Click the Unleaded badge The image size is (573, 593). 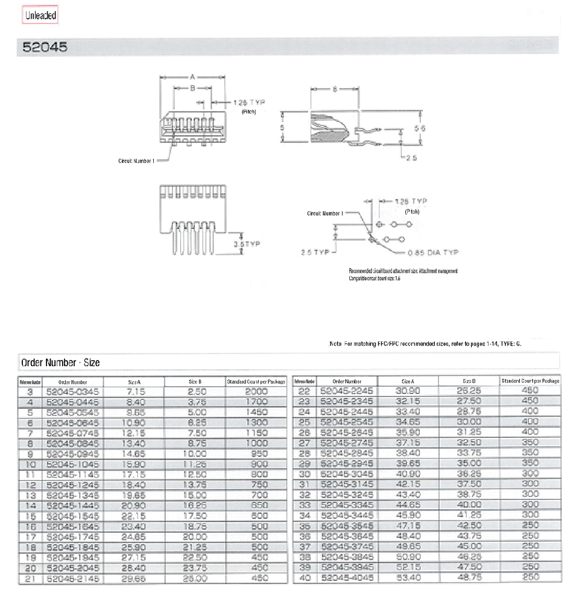pyautogui.click(x=40, y=16)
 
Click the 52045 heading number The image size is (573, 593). pyautogui.click(x=45, y=46)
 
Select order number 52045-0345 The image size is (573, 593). pyautogui.click(x=72, y=392)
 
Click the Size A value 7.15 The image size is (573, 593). pyautogui.click(x=134, y=392)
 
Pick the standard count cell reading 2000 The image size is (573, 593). pyautogui.click(x=256, y=392)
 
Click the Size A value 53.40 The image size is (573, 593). pyautogui.click(x=408, y=578)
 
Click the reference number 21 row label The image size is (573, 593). pyautogui.click(x=30, y=578)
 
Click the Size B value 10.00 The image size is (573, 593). pyautogui.click(x=195, y=453)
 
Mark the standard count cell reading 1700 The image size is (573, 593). pyautogui.click(x=256, y=402)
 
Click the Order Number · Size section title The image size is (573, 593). pyautogui.click(x=60, y=363)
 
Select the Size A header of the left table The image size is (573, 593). pyautogui.click(x=134, y=382)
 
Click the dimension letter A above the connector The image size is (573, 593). pyautogui.click(x=192, y=77)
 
